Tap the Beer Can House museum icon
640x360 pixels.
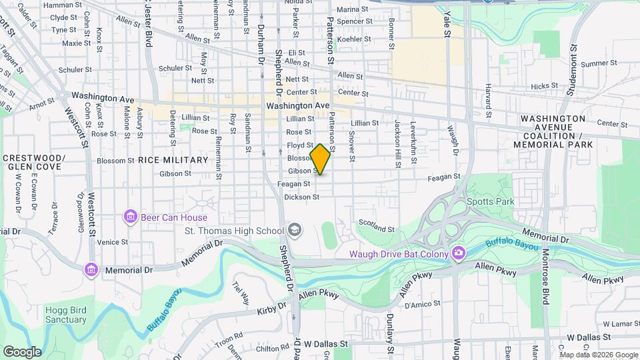coord(130,217)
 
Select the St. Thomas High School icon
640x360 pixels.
coord(294,231)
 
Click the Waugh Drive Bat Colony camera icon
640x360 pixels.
coord(458,253)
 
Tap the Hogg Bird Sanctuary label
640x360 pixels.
coord(66,315)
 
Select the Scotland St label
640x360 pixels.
coord(377,228)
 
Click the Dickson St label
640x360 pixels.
coord(302,197)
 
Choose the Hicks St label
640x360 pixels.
coord(544,86)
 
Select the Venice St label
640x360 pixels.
coord(112,242)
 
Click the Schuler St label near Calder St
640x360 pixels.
coord(75,69)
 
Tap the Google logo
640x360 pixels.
coord(22,351)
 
